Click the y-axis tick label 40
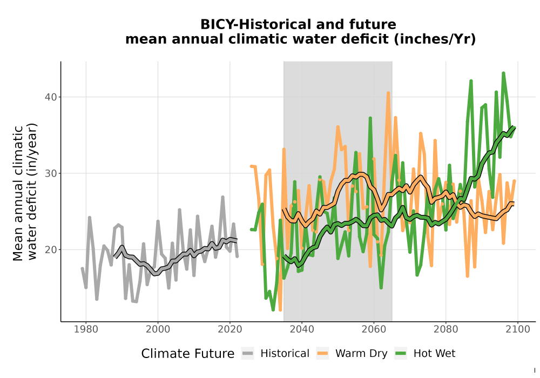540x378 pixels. [51, 97]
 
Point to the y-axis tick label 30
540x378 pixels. [51, 173]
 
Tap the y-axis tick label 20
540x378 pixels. [51, 250]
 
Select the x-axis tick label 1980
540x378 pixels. [86, 329]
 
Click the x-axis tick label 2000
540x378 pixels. [158, 329]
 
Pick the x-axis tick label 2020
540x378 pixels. [230, 329]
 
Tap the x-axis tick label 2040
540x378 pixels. [302, 329]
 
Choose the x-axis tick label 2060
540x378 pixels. [374, 329]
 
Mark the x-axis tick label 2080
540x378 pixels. [446, 329]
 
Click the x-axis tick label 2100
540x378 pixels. [518, 329]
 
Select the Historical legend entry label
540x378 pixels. [285, 354]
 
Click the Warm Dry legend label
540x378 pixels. [361, 354]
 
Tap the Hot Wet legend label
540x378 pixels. [434, 354]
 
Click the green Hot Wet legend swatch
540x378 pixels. [401, 354]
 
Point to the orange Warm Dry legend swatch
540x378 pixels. [323, 354]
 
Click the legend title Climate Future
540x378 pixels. [188, 354]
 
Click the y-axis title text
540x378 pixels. [25, 192]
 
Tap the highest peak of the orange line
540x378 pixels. [388, 92]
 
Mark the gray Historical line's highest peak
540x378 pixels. [223, 197]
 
